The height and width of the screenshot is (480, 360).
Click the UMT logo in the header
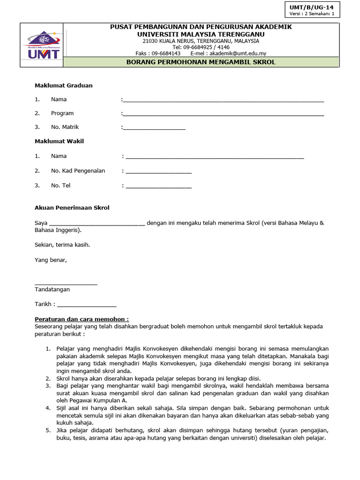42,46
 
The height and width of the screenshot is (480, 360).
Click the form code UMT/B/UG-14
312,7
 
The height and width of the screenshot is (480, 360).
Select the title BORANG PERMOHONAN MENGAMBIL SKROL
201,62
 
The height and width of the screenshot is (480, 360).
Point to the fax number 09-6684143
166,53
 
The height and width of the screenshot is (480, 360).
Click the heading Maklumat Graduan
64,85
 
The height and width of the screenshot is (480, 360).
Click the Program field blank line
223,114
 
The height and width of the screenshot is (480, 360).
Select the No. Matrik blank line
154,128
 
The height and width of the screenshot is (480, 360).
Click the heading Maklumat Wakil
60,141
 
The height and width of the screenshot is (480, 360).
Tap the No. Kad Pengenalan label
78,171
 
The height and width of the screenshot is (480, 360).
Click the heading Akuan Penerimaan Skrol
72,208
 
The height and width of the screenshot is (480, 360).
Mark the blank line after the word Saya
97,224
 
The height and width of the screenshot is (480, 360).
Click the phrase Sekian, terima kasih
62,245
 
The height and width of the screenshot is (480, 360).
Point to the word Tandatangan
52,289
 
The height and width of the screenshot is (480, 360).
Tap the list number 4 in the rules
48,408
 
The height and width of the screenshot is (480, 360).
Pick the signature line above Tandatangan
66,284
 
